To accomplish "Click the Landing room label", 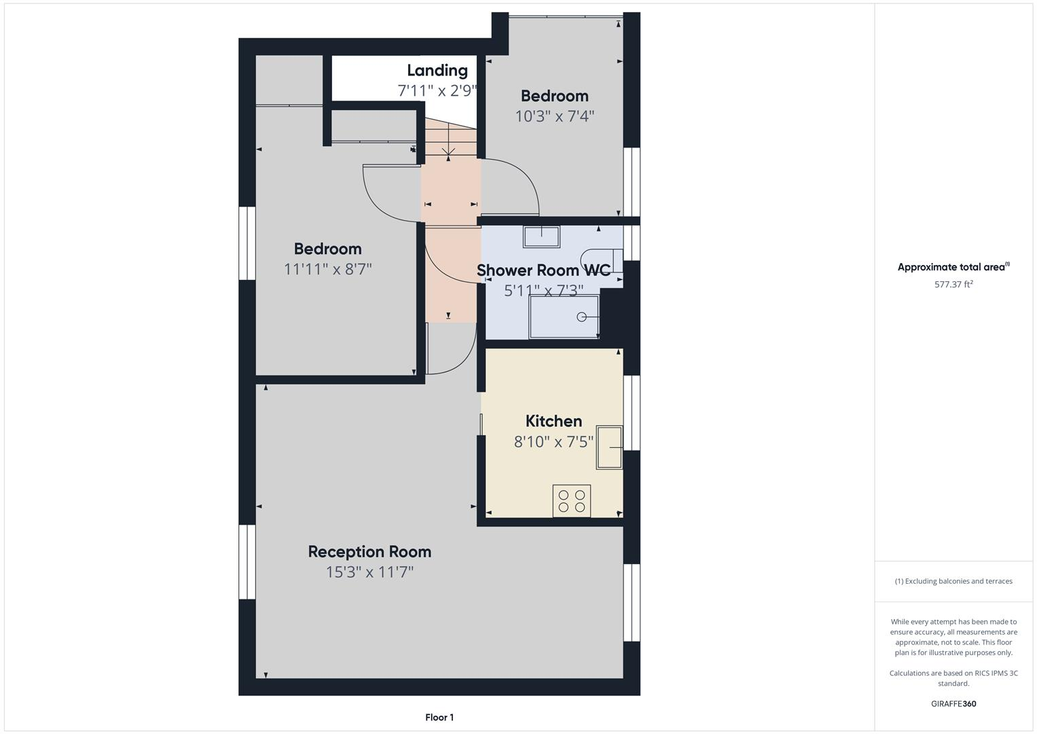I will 437,70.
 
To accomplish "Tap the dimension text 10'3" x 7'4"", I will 554,116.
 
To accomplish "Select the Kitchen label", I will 553,421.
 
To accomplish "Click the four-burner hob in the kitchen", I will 571,501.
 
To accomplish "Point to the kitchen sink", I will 609,447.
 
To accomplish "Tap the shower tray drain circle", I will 581,317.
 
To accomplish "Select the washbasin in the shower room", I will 541,237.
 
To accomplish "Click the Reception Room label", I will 369,551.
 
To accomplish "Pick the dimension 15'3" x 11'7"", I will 369,572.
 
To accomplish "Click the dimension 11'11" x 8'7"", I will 327,269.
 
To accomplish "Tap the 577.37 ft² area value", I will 953,284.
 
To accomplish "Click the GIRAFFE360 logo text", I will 953,703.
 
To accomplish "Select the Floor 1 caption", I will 439,717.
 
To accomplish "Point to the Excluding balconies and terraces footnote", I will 953,581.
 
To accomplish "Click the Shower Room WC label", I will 543,270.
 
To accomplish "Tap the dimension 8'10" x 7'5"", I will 553,442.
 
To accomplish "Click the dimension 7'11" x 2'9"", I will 437,90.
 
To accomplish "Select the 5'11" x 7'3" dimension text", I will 543,291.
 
